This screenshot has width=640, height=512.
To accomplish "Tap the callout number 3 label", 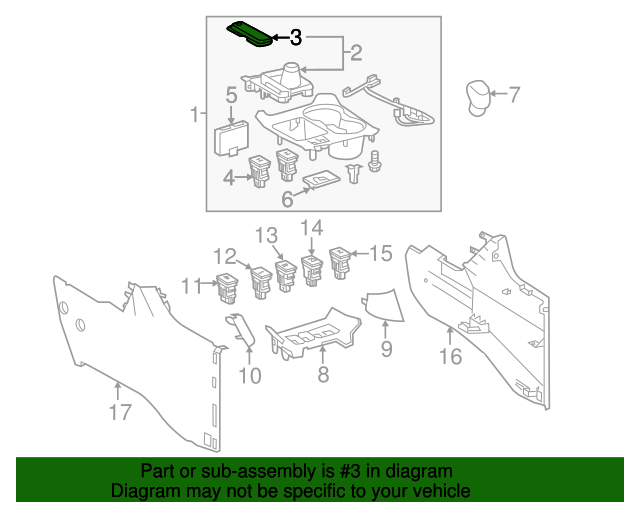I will point(295,38).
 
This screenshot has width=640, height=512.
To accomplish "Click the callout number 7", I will point(514,96).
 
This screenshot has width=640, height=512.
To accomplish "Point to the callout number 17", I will point(119,411).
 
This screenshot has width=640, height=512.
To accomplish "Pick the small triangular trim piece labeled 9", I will point(381,306).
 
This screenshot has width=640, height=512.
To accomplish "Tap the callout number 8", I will point(322,375).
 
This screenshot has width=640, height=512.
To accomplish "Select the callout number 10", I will point(249,375).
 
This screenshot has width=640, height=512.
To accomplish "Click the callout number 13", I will point(265,236).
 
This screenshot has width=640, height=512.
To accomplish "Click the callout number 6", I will point(288,200).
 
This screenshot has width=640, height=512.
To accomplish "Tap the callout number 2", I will point(356,52).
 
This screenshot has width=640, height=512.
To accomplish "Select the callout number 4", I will point(229,178).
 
